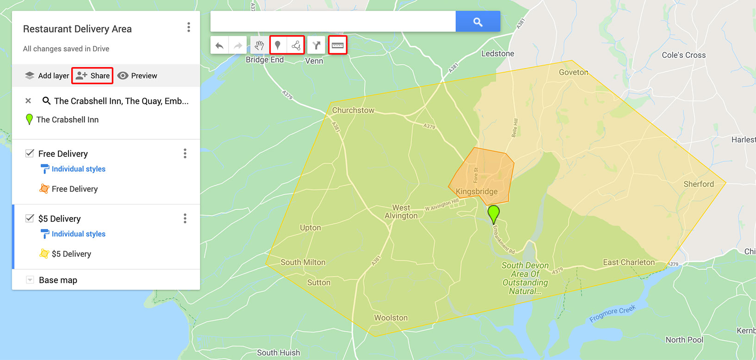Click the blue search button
coord(477,22)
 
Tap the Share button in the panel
coord(93,75)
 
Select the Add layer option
coord(47,75)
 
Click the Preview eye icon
coord(123,75)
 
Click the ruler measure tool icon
coord(337,45)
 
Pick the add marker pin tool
coord(278,45)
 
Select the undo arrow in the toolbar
coord(220,45)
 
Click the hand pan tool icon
coord(259,45)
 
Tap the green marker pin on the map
coord(494,213)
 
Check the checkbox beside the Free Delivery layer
coord(30,153)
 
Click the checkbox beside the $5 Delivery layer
coord(30,218)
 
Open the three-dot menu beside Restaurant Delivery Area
coord(188,27)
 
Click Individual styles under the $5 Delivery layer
coord(78,234)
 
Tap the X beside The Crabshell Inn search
coord(28,100)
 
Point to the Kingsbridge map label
coord(477,192)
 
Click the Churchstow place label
coord(353,110)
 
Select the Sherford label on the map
coord(699,184)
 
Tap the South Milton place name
coord(303,262)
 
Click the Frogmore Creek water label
coord(612,314)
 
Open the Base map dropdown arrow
coord(30,280)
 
